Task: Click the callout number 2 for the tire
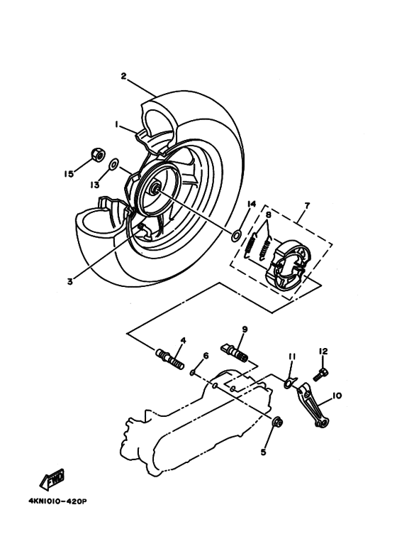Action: click(123, 76)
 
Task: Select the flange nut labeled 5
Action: click(278, 423)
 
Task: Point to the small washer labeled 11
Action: click(288, 384)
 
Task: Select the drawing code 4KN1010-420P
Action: click(57, 500)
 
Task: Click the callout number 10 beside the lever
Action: click(337, 396)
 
